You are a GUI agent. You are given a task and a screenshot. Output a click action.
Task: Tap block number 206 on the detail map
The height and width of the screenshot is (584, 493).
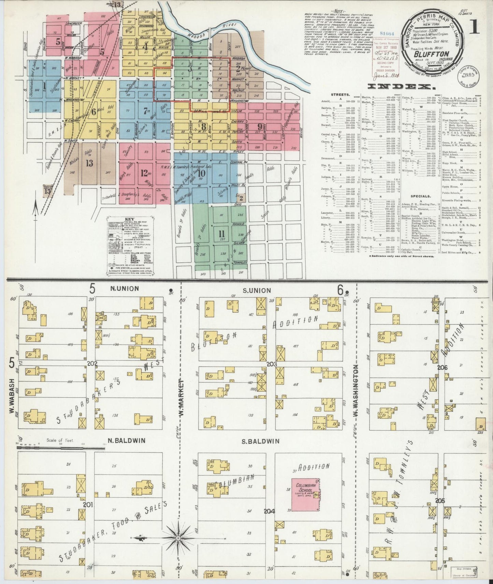coord(442,368)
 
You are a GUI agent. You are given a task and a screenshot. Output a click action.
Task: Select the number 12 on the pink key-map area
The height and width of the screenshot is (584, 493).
coord(144,172)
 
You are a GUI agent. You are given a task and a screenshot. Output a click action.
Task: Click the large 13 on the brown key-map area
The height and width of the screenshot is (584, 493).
coord(89,163)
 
